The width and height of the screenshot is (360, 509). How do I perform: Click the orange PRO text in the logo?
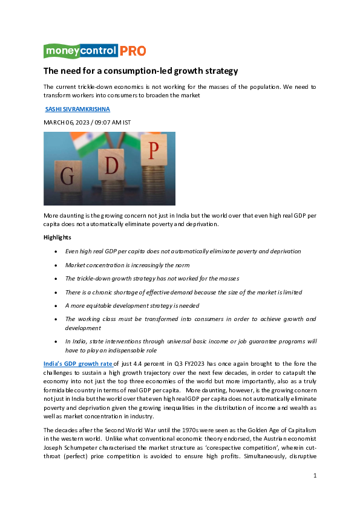point(133,51)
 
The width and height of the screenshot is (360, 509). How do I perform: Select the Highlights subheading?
point(57,238)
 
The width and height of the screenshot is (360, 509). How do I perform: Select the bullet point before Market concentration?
point(56,265)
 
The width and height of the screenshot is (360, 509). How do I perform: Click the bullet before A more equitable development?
point(56,306)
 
